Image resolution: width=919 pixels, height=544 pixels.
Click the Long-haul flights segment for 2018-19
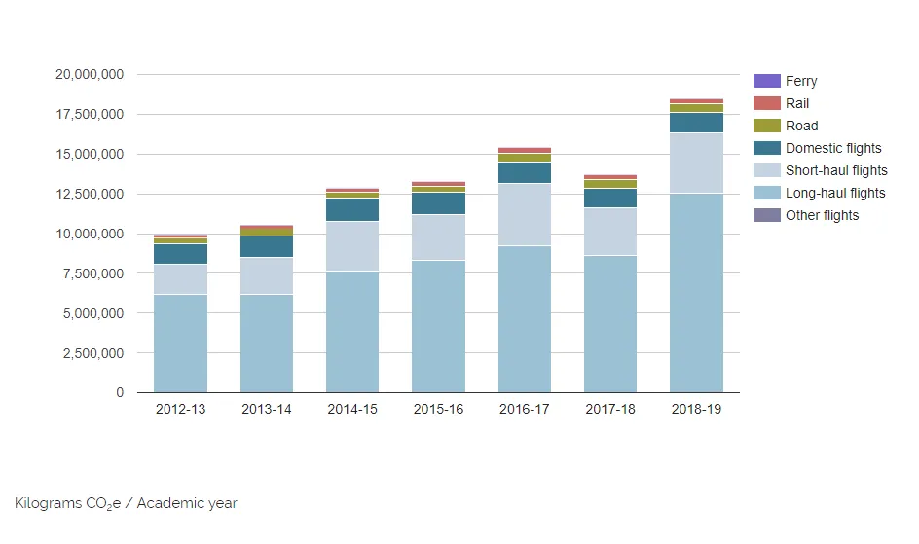[696, 293]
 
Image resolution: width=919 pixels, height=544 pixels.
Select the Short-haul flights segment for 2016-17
[525, 214]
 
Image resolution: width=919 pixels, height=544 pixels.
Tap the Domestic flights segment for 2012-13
[180, 254]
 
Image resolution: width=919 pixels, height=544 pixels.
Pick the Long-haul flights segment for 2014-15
[352, 332]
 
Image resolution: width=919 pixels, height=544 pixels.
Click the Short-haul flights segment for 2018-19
[696, 163]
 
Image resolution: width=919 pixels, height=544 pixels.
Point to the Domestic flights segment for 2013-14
[267, 246]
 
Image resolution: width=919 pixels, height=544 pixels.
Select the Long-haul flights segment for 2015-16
[438, 326]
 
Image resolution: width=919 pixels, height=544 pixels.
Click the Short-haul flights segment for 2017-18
[610, 232]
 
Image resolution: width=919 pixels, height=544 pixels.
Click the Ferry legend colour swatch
[767, 81]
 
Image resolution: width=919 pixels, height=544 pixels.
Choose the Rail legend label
[797, 103]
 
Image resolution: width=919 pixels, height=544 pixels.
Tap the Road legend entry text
[801, 126]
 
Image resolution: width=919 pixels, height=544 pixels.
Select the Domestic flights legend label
[833, 148]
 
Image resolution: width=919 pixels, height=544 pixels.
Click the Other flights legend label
[822, 215]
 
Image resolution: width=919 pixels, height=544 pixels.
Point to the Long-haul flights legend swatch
[767, 193]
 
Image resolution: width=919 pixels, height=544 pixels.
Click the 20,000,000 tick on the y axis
[90, 74]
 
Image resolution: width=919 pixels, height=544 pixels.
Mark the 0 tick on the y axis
[120, 392]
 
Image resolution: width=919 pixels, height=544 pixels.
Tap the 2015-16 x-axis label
[438, 409]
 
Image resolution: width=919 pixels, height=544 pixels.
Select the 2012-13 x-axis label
[180, 409]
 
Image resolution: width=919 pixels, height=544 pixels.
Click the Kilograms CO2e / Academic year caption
[126, 503]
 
